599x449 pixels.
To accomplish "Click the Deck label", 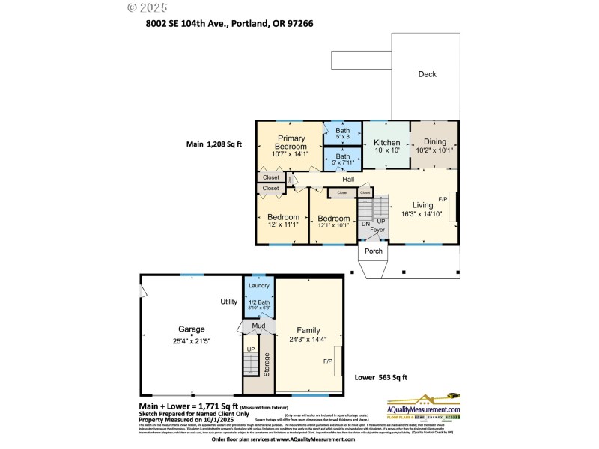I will tap(427, 74).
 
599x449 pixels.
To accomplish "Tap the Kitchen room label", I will tap(386, 142).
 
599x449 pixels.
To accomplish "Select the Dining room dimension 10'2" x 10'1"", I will tap(434, 150).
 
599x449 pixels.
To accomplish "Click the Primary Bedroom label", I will tap(291, 142).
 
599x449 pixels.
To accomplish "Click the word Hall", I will tap(348, 180).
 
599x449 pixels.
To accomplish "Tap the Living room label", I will tap(422, 204).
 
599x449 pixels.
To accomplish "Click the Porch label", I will tap(373, 251).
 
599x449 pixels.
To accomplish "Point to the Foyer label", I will tap(377, 230).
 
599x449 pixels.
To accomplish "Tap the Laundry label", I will tap(258, 287).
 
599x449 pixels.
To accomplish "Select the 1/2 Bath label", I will tap(258, 302).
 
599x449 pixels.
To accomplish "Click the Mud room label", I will tap(258, 327).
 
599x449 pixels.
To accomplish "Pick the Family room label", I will tap(308, 330).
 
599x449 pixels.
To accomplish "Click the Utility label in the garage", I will tap(228, 302).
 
